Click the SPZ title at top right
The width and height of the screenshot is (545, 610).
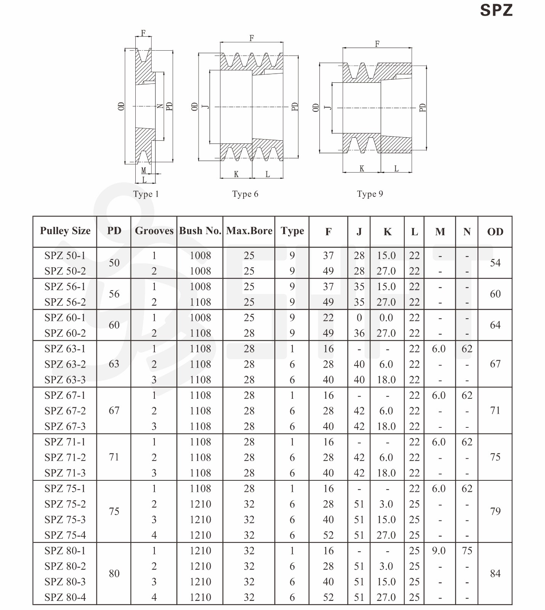[x=496, y=10]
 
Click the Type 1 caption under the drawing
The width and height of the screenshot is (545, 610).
[x=146, y=194]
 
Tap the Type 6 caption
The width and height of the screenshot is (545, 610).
[x=245, y=194]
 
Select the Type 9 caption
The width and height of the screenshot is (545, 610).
[x=370, y=194]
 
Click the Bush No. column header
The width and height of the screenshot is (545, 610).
[x=200, y=231]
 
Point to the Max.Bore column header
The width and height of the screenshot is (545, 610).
[x=249, y=231]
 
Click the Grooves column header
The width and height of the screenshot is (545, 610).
[x=154, y=231]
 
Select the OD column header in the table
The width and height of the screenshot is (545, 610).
[x=495, y=232]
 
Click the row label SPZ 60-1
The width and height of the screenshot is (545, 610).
[x=65, y=318]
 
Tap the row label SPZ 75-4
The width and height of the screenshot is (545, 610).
[x=65, y=535]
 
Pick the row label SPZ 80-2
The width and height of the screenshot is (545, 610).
[x=65, y=567]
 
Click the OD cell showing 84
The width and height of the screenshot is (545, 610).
[x=495, y=573]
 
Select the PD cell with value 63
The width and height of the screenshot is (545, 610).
[x=114, y=364]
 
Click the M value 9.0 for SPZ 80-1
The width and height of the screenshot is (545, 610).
[x=439, y=551]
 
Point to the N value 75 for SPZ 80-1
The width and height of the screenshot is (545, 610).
[x=467, y=551]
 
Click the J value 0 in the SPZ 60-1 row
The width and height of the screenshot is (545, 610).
[x=359, y=318]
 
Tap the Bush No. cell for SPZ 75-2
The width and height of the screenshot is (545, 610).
[x=200, y=504]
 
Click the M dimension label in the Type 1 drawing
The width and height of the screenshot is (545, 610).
[x=144, y=170]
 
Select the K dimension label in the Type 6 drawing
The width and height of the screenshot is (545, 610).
[x=236, y=174]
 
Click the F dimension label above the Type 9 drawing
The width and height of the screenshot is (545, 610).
[x=377, y=44]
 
